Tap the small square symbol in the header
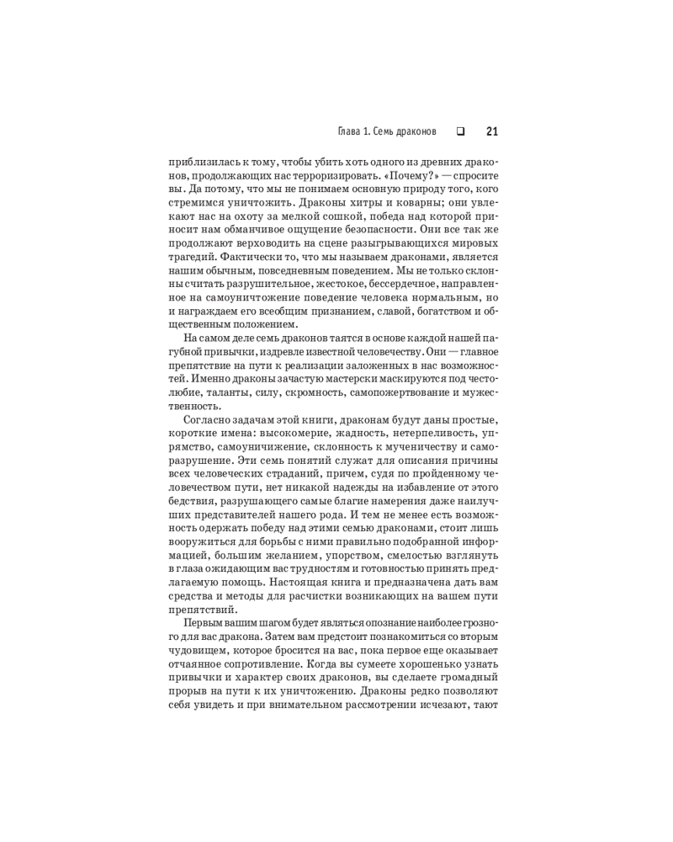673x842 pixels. click(x=460, y=131)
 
